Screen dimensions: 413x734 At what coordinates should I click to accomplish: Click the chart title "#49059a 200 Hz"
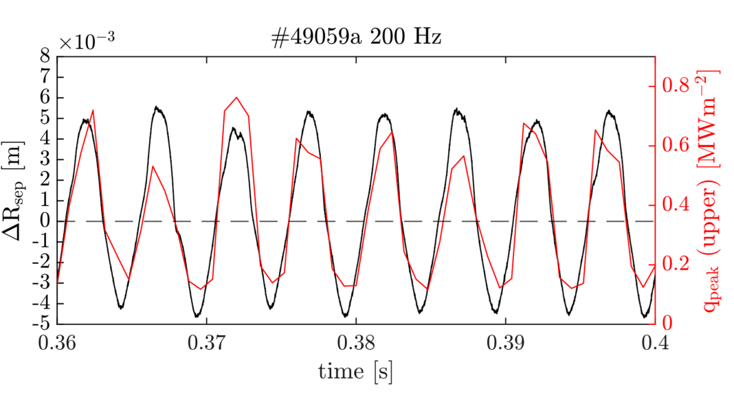[x=355, y=38]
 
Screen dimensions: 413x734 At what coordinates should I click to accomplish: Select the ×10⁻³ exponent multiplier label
[x=86, y=41]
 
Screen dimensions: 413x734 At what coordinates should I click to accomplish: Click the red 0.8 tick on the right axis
[x=674, y=86]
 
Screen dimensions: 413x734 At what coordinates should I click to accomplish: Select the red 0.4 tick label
[x=674, y=205]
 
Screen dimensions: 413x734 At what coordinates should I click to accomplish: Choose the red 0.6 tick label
[x=674, y=146]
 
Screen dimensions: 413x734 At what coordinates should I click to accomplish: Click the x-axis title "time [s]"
[x=355, y=371]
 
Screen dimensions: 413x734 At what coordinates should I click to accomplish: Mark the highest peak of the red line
[x=236, y=98]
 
